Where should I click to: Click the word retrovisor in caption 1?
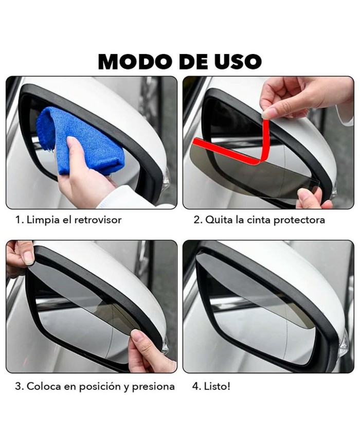pos(98,220)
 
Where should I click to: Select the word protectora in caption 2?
pos(299,220)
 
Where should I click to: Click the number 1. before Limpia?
pos(20,220)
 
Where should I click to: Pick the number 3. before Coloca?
pos(20,387)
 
